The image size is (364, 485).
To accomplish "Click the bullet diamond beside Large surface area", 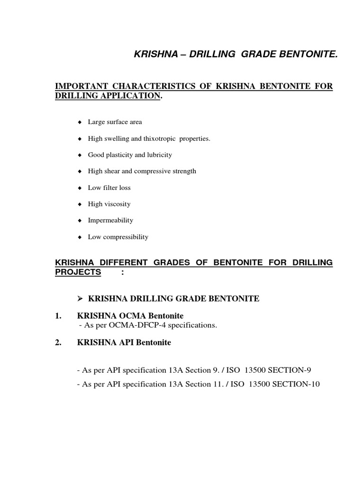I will [x=80, y=122].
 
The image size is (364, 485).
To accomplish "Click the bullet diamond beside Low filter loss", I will [x=80, y=188].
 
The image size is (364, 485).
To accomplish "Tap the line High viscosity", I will [x=109, y=204].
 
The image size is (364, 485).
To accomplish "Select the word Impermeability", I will [x=110, y=220].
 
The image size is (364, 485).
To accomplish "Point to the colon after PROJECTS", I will [x=123, y=272].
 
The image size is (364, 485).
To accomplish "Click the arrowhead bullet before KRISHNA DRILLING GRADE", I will [x=80, y=298].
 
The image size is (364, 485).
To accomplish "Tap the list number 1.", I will [x=58, y=315].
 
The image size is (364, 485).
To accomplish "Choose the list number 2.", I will [x=58, y=343].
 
